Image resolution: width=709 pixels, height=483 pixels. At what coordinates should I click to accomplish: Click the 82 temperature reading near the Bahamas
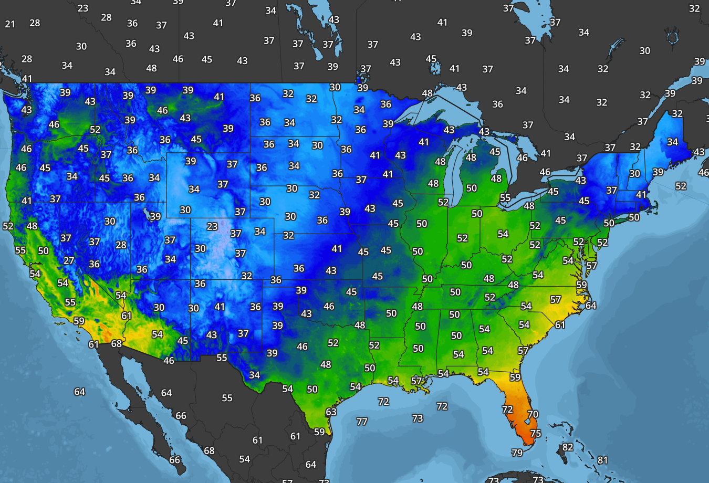click(568, 447)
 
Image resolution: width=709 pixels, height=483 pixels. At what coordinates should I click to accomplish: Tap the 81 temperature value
click(602, 460)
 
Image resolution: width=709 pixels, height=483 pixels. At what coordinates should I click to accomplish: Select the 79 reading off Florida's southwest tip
click(517, 453)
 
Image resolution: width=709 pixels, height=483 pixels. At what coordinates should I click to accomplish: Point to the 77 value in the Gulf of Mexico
click(362, 422)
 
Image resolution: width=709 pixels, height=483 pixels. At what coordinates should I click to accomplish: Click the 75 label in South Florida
click(535, 433)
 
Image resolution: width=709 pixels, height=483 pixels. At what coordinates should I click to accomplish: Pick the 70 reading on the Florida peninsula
click(533, 414)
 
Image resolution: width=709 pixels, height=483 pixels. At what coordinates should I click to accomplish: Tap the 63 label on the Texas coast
click(331, 412)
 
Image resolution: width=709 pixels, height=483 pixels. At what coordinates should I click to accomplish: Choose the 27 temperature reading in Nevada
click(69, 260)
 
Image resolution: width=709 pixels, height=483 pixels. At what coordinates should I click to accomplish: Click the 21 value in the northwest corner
click(10, 24)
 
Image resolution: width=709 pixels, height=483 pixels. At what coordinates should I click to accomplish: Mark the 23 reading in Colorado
click(212, 226)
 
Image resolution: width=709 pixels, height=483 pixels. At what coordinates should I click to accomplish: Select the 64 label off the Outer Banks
click(591, 306)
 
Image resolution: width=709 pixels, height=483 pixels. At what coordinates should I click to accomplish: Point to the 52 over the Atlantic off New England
click(681, 186)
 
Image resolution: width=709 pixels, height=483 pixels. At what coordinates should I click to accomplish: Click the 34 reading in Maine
click(672, 142)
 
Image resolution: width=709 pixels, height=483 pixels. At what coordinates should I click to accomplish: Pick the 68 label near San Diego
click(117, 343)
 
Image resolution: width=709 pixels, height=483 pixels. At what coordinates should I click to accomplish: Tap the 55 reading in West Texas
click(222, 358)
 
